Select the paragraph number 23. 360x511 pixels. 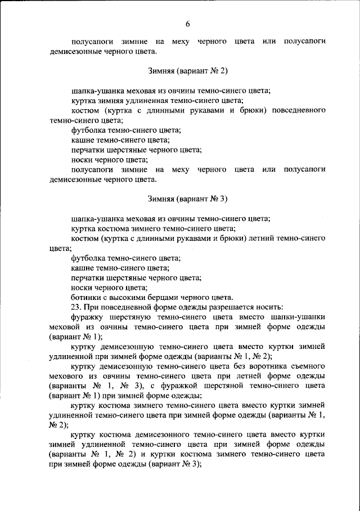click(x=77, y=307)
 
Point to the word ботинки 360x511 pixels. click(x=85, y=297)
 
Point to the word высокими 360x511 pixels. click(x=126, y=297)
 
